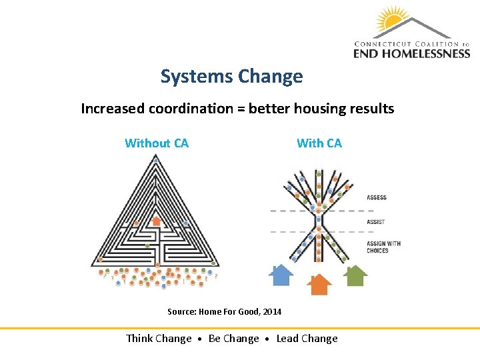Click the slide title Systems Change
coord(231,77)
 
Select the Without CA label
coord(157,143)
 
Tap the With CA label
coord(319,143)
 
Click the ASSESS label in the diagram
coord(377,197)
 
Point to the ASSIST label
coord(375,222)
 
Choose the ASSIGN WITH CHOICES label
coord(383,247)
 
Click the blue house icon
coord(281,274)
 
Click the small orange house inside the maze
coord(155,220)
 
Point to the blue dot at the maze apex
coord(155,161)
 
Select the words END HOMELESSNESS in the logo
coord(411,53)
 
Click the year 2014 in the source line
coord(272,312)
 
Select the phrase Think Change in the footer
coord(159,339)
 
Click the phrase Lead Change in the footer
coord(307,339)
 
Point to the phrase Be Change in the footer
coord(233,339)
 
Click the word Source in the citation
coord(180,312)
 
